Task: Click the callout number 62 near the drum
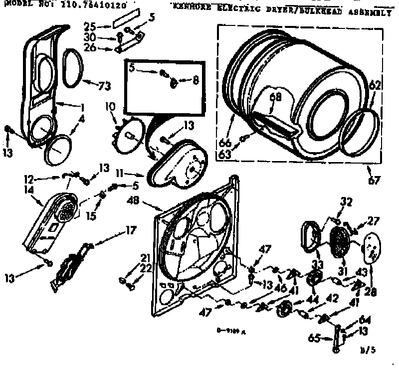(375, 85)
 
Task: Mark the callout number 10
(110, 106)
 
